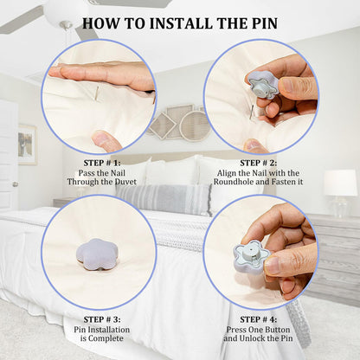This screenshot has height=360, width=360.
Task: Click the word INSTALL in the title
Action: [180, 23]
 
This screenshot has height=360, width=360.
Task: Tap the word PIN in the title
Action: [261, 23]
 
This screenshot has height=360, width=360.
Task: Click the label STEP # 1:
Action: [102, 163]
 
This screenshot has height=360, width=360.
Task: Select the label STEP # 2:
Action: [259, 163]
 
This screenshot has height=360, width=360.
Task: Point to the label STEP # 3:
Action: [102, 319]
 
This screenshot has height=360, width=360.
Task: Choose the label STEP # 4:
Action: [259, 319]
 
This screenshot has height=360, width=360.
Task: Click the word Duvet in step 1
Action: [125, 182]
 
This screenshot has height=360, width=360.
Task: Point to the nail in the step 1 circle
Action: [97, 93]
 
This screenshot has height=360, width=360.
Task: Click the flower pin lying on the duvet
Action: [92, 254]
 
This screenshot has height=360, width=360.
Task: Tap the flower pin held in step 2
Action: [261, 85]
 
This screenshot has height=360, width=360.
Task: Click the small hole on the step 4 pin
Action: [252, 247]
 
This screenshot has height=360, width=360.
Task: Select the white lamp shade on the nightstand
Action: [340, 183]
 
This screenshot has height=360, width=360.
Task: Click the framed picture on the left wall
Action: [28, 145]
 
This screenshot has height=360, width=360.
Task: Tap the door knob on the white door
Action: [15, 184]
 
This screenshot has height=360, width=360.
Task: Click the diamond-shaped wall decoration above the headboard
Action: [162, 125]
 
